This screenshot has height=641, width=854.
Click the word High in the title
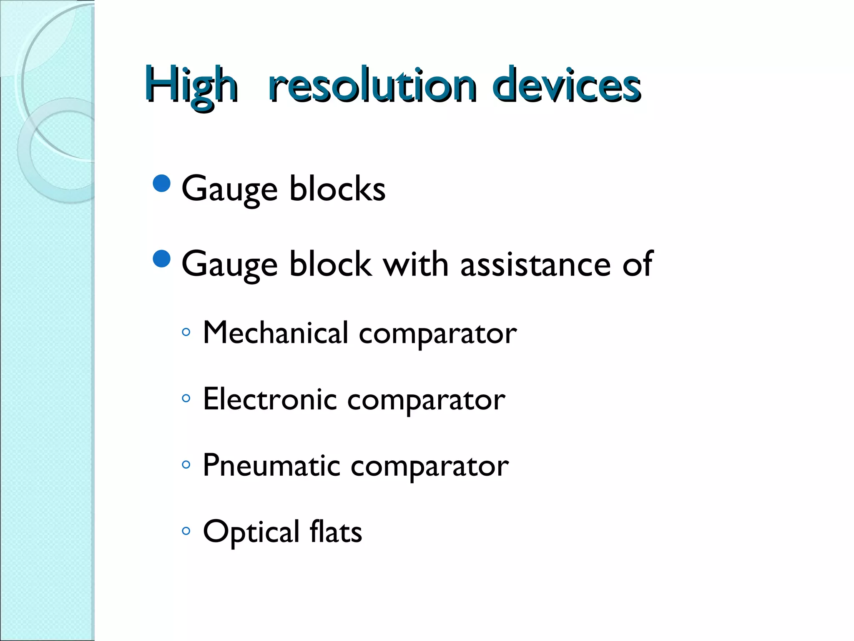[192, 86]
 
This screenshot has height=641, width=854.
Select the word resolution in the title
[372, 86]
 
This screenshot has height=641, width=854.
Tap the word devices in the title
[566, 86]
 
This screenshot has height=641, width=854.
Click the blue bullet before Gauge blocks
[162, 183]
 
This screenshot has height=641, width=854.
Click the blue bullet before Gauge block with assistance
[162, 259]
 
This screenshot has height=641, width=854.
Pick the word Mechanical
[275, 333]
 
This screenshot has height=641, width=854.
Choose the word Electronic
[269, 399]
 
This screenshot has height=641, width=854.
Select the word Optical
[251, 532]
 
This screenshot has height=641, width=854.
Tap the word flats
[336, 532]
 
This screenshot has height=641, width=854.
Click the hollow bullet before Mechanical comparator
[186, 333]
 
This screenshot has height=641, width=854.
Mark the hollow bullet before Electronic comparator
[186, 399]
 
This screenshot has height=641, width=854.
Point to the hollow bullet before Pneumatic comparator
[186, 464]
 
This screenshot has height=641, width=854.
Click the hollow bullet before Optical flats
[186, 531]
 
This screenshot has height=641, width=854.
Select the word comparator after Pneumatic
[430, 467]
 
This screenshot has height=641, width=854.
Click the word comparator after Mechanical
[437, 334]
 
